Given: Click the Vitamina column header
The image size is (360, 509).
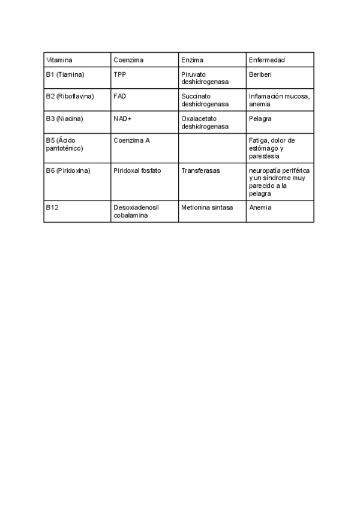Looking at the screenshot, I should coord(59,60).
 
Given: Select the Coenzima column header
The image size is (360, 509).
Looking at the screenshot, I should coord(128,60).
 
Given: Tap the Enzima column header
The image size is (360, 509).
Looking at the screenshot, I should coord(192,60).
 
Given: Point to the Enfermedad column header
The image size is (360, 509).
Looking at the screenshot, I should coord(266,60).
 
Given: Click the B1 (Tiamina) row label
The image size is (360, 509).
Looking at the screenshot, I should coord(65,74).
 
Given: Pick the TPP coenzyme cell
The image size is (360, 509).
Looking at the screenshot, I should coord(120,74).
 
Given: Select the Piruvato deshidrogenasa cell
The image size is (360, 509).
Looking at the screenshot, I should coord(205,78).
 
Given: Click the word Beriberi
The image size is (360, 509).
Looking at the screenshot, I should coord(260,74).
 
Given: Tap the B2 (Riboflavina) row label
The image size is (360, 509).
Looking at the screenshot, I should coord(70,96).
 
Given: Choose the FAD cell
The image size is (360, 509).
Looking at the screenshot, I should coord(119,96).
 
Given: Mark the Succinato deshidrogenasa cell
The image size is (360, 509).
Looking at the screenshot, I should coord(205,100).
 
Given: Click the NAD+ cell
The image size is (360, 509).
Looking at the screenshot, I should coord(122,118).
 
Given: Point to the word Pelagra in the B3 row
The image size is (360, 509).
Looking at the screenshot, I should coord(260,118).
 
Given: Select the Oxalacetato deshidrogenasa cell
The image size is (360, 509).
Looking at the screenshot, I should coord(205,122).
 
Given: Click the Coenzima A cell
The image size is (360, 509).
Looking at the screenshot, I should coord(131,140).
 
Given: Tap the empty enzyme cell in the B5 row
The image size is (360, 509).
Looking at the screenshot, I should coord(212,148).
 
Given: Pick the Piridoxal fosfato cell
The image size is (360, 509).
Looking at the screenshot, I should coord(137,170).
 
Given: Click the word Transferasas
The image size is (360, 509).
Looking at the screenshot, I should coord(200,170).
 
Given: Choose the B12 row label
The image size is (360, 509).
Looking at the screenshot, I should coord(52,207).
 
